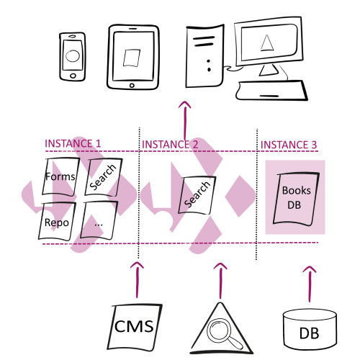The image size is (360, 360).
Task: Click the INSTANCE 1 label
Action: click(73, 143)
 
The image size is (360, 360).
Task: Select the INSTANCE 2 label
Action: click(170, 145)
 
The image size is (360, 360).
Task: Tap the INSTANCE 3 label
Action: click(289, 145)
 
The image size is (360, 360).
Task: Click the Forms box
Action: click(60, 177)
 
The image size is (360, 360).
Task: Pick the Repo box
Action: click(57, 222)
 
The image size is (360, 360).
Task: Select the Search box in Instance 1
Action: click(103, 177)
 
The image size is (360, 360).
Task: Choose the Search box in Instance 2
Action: click(197, 195)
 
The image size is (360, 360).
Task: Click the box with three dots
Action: click(99, 220)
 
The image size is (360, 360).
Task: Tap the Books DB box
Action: click(296, 199)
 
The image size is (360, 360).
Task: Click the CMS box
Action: click(135, 327)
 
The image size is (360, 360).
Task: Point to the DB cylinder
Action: click(310, 329)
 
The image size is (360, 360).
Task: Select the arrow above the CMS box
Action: click(137, 280)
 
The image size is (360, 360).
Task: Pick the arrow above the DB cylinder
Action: click(310, 284)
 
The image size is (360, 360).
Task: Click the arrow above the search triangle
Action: click(220, 281)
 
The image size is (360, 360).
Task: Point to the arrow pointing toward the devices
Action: click(185, 121)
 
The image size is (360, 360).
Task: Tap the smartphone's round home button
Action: click(73, 76)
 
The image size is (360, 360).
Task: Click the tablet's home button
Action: click(132, 85)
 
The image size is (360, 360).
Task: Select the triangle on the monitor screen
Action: click(266, 43)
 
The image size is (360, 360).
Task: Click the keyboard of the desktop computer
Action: click(271, 91)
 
